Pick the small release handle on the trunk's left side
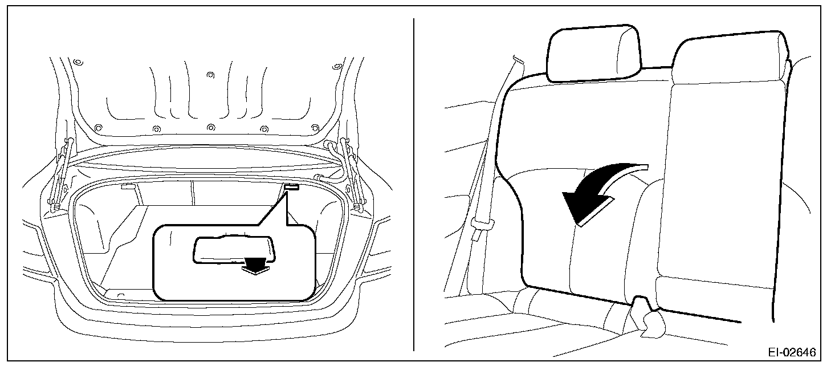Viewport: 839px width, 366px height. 128,186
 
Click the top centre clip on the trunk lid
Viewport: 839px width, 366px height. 210,75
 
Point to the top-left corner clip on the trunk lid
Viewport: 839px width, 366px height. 78,61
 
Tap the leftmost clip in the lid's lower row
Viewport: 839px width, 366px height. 98,126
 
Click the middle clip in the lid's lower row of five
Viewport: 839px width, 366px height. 210,127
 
